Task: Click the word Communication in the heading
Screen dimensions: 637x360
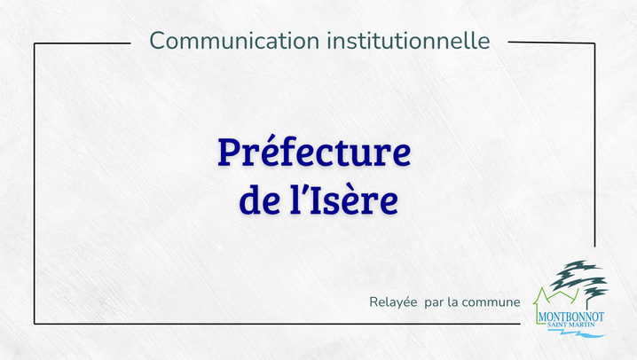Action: [x=234, y=41]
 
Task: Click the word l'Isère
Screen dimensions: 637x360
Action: [x=343, y=200]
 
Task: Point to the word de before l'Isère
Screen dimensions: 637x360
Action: [x=259, y=200]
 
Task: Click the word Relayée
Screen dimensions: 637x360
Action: [x=393, y=302]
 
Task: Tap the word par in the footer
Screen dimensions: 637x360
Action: [x=434, y=303]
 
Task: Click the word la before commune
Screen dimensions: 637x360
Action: [x=452, y=302]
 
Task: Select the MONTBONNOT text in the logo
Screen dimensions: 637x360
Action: [x=570, y=317]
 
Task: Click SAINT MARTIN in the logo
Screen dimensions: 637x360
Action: [x=570, y=325]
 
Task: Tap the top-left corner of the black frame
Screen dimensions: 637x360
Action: [x=35, y=43]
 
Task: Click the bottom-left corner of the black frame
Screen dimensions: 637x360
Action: [x=35, y=324]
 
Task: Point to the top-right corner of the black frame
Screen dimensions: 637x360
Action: [x=594, y=43]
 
